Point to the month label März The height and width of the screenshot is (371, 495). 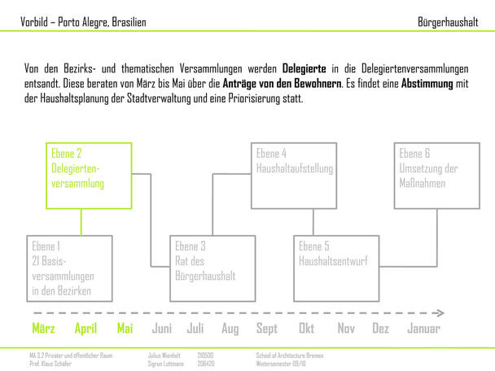(44, 328)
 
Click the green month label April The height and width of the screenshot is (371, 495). (85, 329)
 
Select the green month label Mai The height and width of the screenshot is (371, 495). (125, 328)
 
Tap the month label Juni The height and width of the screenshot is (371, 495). (162, 328)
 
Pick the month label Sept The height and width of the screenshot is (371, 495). (267, 329)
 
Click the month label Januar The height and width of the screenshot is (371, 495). (423, 328)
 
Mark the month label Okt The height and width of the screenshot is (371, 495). (307, 328)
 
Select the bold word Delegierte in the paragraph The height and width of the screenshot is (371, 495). (304, 68)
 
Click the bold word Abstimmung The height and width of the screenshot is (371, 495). (427, 84)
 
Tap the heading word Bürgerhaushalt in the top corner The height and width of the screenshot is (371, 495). (448, 22)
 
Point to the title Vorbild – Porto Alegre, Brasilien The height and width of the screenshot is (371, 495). (83, 22)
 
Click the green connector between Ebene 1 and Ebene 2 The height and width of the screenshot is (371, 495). (81, 222)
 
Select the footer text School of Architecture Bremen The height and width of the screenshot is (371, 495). (290, 356)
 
